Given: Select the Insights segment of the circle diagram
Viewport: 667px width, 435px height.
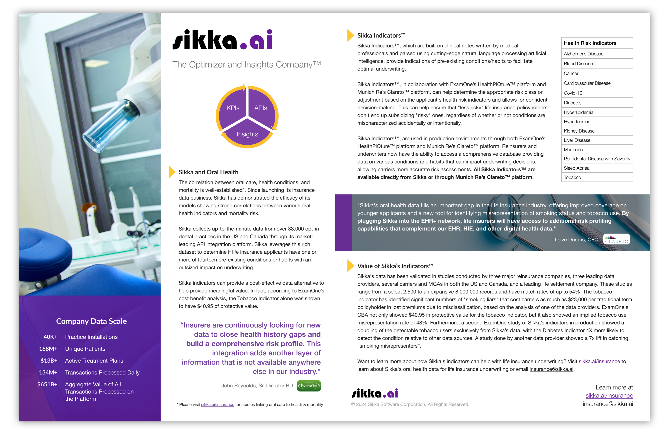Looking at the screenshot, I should point(247,134).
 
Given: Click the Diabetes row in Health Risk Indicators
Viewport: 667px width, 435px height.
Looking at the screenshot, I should point(597,103).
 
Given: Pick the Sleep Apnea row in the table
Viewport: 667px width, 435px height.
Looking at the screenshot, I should point(597,168).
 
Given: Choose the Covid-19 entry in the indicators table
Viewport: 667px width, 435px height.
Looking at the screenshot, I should point(597,93).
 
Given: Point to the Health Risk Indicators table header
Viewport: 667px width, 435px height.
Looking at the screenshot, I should point(597,43).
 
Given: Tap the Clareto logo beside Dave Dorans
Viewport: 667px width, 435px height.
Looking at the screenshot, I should point(616,239).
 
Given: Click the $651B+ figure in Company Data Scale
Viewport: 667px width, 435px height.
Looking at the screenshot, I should point(47,384).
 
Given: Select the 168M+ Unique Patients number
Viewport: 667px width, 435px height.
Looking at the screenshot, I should point(48,349).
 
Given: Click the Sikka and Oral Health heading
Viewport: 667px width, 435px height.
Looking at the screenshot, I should point(208,172).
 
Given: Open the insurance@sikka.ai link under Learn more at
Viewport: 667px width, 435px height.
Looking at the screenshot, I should point(607,404).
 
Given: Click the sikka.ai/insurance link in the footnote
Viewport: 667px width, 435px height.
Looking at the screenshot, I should point(217,404).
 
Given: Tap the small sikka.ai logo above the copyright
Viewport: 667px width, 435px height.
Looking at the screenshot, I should point(375,393).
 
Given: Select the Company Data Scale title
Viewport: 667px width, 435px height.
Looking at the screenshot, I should point(91,321).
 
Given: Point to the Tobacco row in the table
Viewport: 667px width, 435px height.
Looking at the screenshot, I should point(597,178).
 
